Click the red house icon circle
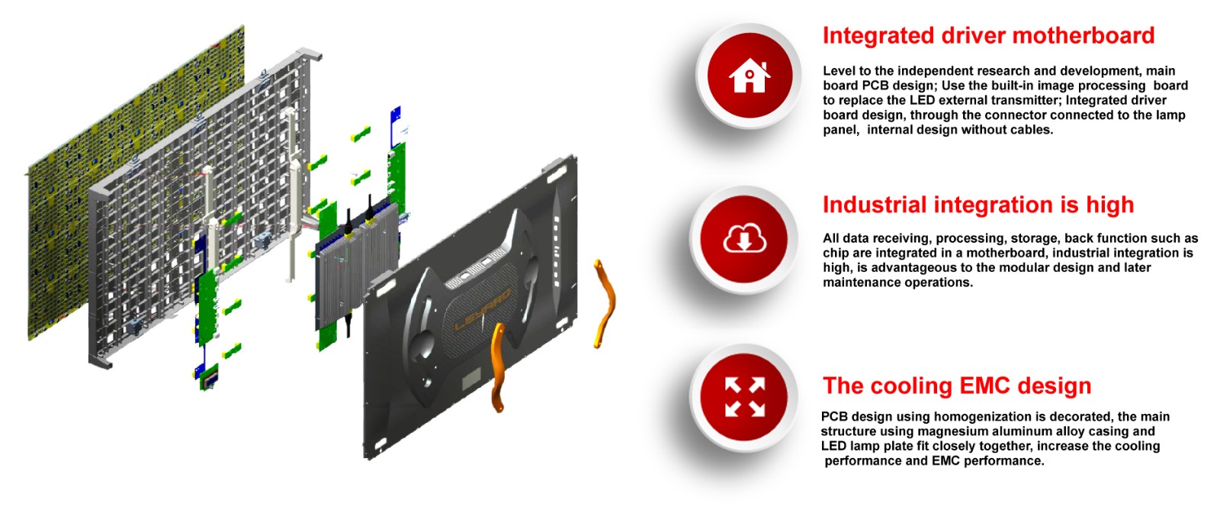pyautogui.click(x=749, y=76)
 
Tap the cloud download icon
pyautogui.click(x=744, y=240)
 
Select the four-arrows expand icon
pyautogui.click(x=744, y=397)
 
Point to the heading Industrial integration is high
pyautogui.click(x=978, y=205)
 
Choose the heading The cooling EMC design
pyautogui.click(x=956, y=386)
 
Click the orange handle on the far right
pyautogui.click(x=604, y=302)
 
